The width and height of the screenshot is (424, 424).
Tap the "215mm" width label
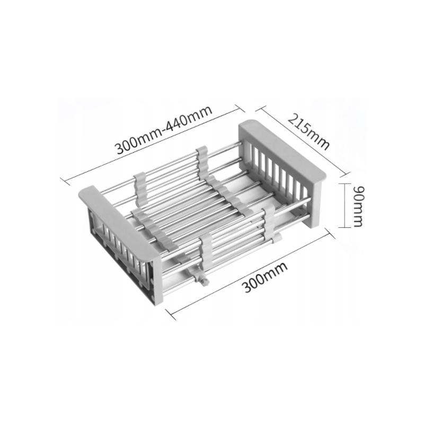tap(308, 132)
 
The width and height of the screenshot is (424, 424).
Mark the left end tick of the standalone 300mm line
tap(170, 315)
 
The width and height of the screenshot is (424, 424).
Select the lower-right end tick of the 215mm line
tap(347, 174)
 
